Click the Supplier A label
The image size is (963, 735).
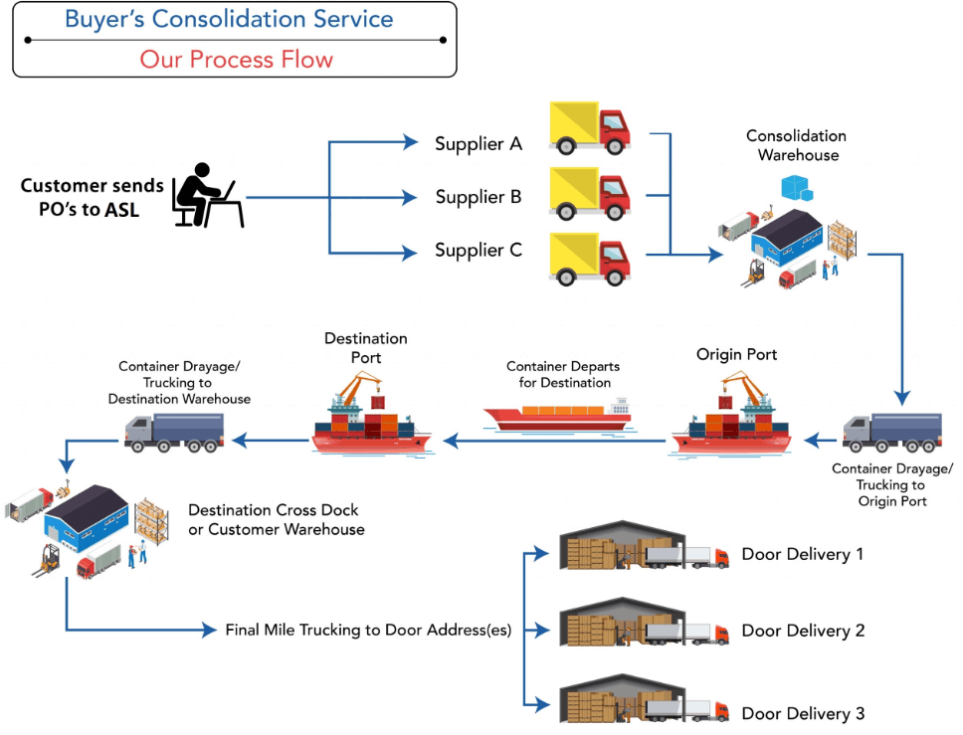[x=479, y=144]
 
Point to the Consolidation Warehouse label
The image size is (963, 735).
[x=797, y=145]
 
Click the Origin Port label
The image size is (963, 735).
[x=737, y=354]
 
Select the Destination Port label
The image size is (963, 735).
[x=366, y=348]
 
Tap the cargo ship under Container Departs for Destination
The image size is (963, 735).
[x=556, y=416]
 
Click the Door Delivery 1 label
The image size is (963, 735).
[x=803, y=554]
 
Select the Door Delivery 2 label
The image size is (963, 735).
[x=803, y=631]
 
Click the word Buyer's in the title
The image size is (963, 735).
[x=102, y=19]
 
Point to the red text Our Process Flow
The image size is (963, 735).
[x=236, y=59]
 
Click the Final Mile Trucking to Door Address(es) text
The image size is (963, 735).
[x=368, y=630]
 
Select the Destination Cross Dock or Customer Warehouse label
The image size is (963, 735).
[x=277, y=519]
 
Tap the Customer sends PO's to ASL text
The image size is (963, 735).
[x=92, y=197]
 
